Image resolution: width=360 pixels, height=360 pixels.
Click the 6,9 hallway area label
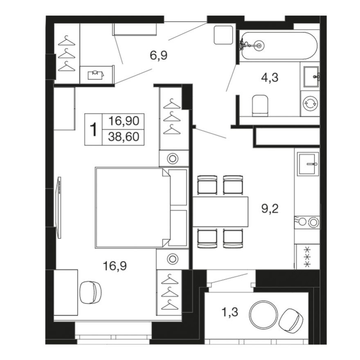click(x=159, y=56)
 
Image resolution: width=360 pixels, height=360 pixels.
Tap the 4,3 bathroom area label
click(x=270, y=77)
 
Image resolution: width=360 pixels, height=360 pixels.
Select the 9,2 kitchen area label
click(x=270, y=209)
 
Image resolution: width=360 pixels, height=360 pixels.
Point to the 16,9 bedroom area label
click(x=115, y=266)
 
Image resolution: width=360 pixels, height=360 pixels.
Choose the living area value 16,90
click(x=124, y=121)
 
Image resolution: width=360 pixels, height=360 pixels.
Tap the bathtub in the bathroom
click(x=278, y=46)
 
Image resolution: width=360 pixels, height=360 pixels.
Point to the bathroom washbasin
click(x=310, y=76)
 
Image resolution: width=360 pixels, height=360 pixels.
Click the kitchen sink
click(x=308, y=164)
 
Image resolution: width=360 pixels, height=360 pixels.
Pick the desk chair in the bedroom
click(x=90, y=292)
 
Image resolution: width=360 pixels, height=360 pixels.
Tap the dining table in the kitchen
click(x=221, y=211)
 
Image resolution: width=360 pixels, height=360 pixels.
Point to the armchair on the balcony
click(x=290, y=319)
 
